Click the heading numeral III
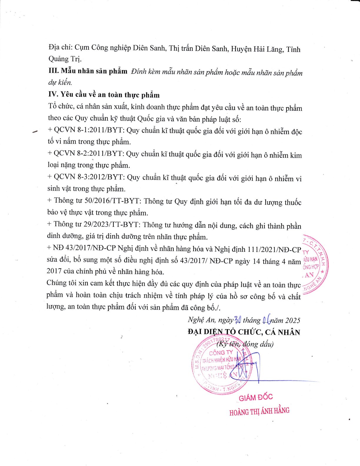(54, 71)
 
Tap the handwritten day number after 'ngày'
(238, 320)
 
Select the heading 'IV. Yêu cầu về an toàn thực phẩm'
(104, 95)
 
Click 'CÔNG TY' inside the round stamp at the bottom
(221, 352)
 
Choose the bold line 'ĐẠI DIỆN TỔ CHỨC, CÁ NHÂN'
(244, 332)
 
